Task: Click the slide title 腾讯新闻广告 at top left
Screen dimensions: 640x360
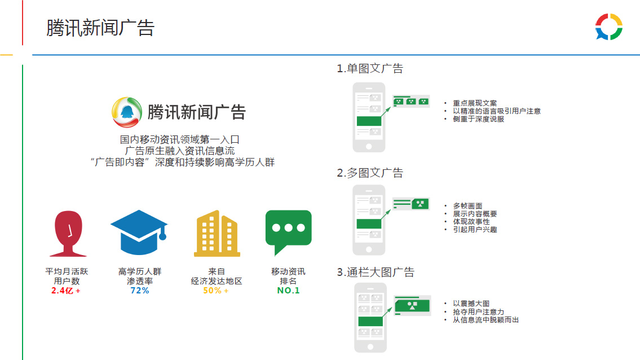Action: [x=100, y=28]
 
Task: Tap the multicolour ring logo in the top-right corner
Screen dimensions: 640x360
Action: [x=608, y=27]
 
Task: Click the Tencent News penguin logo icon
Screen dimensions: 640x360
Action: [x=126, y=112]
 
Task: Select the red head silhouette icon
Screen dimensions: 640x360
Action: [x=68, y=234]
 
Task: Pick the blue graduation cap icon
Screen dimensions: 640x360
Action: [x=139, y=232]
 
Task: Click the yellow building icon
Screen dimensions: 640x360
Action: [x=217, y=234]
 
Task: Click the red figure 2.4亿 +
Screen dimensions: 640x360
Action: [x=66, y=291]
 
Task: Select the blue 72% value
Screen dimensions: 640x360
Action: [x=140, y=291]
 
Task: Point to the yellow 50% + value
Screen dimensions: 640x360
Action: [x=216, y=291]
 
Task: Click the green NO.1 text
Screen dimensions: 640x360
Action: [x=288, y=291]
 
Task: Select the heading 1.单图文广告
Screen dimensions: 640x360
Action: [x=370, y=68]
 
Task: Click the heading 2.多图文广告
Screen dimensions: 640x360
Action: [x=370, y=173]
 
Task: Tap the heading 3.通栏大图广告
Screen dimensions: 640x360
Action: [x=376, y=272]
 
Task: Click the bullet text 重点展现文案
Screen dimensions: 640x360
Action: [x=475, y=103]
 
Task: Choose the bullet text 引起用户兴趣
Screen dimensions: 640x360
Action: [x=475, y=229]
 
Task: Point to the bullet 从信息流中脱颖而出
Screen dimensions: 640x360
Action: [x=485, y=319]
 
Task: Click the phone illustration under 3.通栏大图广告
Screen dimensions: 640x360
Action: [x=370, y=318]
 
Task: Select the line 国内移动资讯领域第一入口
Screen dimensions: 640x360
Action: [x=179, y=139]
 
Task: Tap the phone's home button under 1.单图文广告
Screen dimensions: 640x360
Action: [x=369, y=146]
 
